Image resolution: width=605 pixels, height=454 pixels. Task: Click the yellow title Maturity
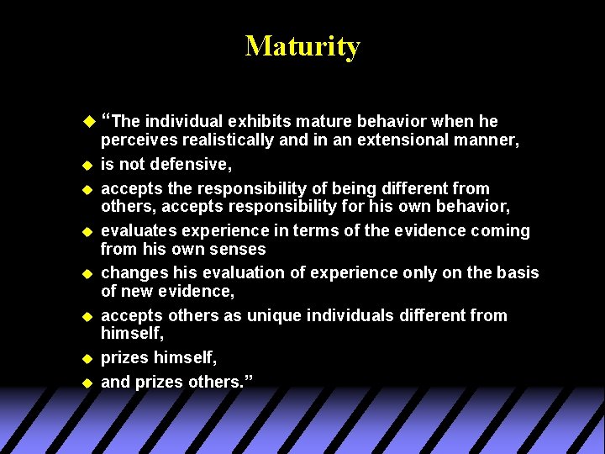click(302, 45)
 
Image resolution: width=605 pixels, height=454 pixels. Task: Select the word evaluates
click(135, 231)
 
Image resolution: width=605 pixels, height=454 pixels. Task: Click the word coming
click(501, 231)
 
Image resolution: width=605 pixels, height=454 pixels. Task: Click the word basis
click(513, 273)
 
